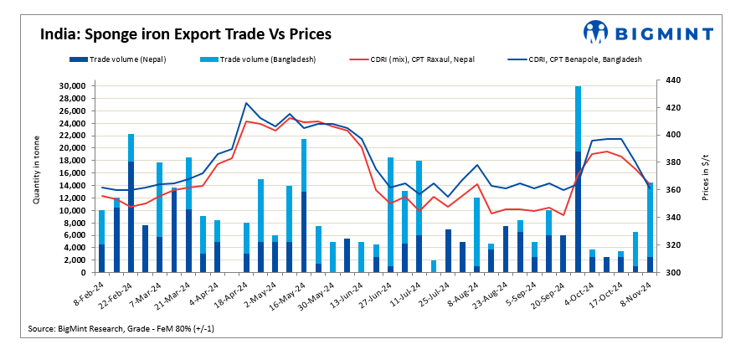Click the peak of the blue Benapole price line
pyautogui.click(x=246, y=103)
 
